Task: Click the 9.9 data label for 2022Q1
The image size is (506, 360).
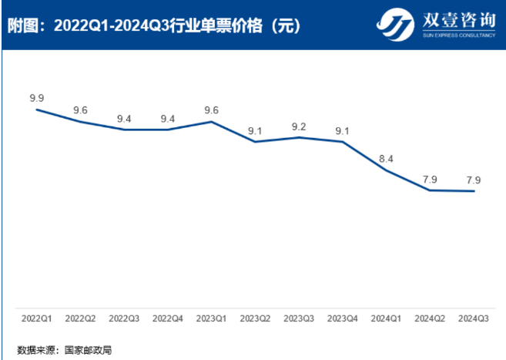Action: pyautogui.click(x=37, y=98)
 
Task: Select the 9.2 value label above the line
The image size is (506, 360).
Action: pyautogui.click(x=299, y=126)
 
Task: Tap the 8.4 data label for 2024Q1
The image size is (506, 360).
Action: pyautogui.click(x=387, y=159)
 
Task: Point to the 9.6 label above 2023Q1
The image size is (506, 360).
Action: pyautogui.click(x=211, y=110)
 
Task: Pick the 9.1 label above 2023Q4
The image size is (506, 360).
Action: pyautogui.click(x=343, y=130)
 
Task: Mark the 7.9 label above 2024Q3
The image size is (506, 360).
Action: pyautogui.click(x=474, y=180)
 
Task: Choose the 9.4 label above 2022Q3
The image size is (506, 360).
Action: pyautogui.click(x=124, y=118)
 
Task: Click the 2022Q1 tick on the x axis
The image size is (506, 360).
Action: pyautogui.click(x=37, y=318)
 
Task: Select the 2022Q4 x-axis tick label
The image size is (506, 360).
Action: pyautogui.click(x=168, y=318)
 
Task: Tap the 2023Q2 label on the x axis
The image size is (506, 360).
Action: pyautogui.click(x=255, y=318)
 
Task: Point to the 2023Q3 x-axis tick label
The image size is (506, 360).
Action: pyautogui.click(x=299, y=318)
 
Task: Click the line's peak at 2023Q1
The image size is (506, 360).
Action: pyautogui.click(x=211, y=122)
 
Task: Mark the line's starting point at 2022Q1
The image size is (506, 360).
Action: pyautogui.click(x=37, y=109)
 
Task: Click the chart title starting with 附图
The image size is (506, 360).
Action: pyautogui.click(x=153, y=25)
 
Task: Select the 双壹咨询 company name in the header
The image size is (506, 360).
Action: pyautogui.click(x=457, y=20)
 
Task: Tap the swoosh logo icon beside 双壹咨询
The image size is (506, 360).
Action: pyautogui.click(x=395, y=25)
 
